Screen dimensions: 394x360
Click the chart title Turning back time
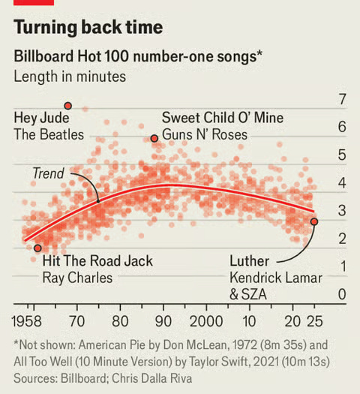click(88, 28)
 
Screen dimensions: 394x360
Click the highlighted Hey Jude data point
click(68, 106)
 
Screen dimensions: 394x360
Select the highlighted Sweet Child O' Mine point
click(154, 139)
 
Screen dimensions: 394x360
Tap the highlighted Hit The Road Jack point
click(37, 248)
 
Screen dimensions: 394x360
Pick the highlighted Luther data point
click(314, 222)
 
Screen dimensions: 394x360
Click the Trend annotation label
click(48, 173)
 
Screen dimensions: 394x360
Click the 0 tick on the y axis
click(342, 295)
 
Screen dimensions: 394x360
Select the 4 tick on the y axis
click(342, 183)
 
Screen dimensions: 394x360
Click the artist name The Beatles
click(49, 135)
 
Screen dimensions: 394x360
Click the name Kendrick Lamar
click(275, 278)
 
